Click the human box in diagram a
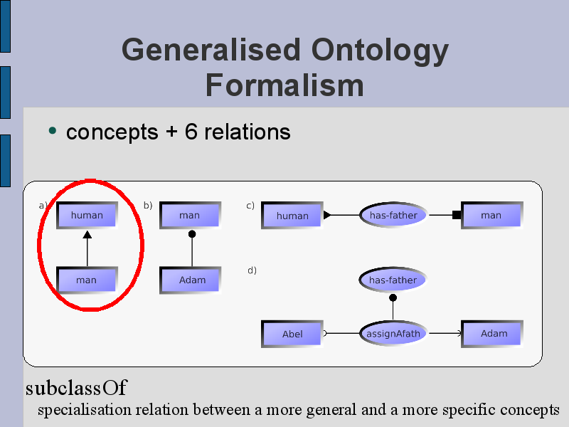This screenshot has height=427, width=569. [x=87, y=215]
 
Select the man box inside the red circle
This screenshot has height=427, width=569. [x=87, y=280]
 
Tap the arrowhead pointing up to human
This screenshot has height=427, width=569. [x=87, y=235]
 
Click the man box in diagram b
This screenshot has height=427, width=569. [x=190, y=215]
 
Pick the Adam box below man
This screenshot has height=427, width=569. [x=190, y=280]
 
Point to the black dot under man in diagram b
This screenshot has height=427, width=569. [x=192, y=234]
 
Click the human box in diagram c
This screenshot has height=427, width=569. [x=292, y=216]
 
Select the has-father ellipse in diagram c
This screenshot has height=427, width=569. [x=393, y=215]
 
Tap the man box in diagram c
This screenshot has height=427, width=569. [x=492, y=216]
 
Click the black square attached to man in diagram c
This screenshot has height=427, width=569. [x=457, y=215]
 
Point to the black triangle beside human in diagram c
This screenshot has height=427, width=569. [x=327, y=215]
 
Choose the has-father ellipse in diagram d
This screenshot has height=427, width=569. [x=393, y=280]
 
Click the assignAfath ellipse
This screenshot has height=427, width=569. [x=393, y=333]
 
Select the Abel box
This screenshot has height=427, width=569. [x=292, y=334]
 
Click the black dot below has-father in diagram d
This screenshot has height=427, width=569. [x=393, y=298]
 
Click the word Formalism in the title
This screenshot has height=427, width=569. [x=284, y=85]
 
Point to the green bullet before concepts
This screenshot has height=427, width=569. [x=53, y=130]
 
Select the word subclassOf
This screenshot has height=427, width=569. [x=76, y=388]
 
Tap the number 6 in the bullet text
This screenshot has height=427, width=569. [x=191, y=132]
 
